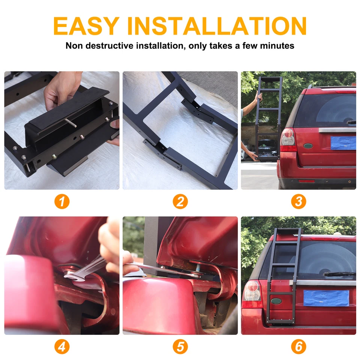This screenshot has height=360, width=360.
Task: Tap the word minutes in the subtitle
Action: pos(277,46)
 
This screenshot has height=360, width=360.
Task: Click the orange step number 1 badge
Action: pos(62,202)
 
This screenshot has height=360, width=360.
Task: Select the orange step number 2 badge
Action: pos(180,202)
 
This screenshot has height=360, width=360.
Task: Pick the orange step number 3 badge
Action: pos(298,202)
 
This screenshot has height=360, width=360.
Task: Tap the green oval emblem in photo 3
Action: pos(308,145)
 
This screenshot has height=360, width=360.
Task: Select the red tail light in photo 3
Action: pos(288,139)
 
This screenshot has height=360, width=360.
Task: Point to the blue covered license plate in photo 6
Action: pos(326,298)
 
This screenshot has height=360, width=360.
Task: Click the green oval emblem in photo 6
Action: pos(276,301)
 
